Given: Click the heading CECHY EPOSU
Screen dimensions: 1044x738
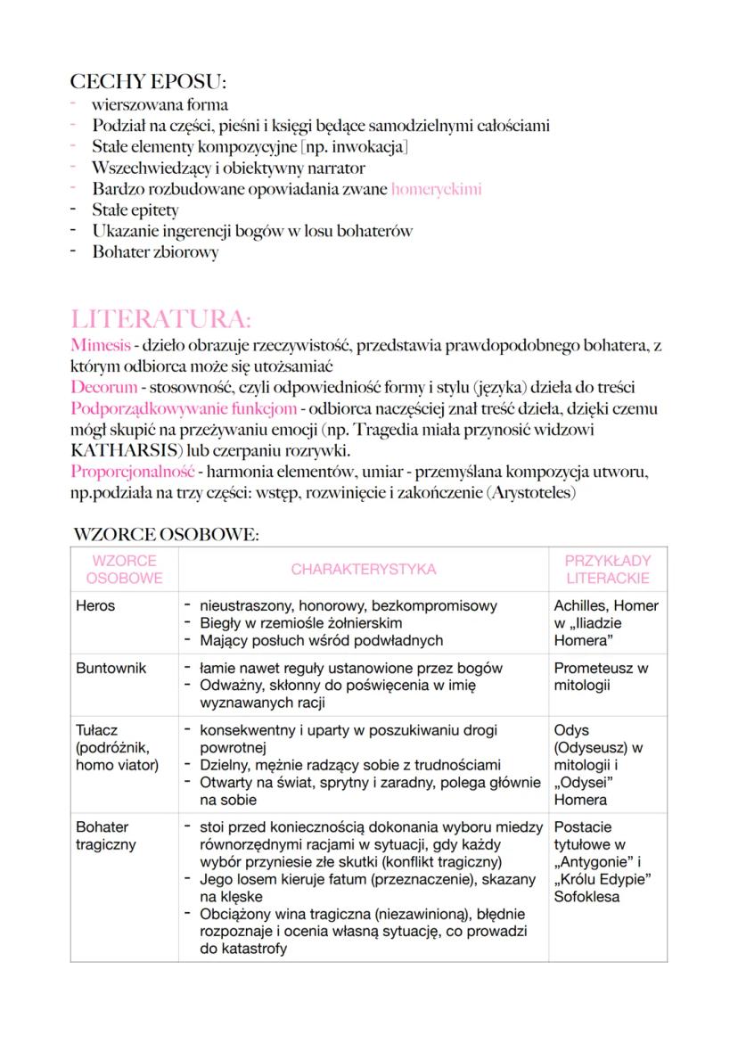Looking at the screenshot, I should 148,82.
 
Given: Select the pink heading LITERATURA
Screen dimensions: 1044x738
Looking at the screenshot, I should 160,319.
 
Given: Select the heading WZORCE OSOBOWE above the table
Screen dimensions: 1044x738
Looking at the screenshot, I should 167,535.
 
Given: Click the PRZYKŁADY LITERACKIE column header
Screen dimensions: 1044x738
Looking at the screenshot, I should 608,569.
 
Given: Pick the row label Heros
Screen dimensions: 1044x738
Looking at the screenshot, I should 95,606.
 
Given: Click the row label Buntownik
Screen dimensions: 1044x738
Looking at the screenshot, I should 111,668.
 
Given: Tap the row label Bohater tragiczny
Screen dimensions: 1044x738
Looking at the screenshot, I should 105,835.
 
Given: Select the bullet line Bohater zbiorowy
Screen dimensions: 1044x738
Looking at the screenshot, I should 155,252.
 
